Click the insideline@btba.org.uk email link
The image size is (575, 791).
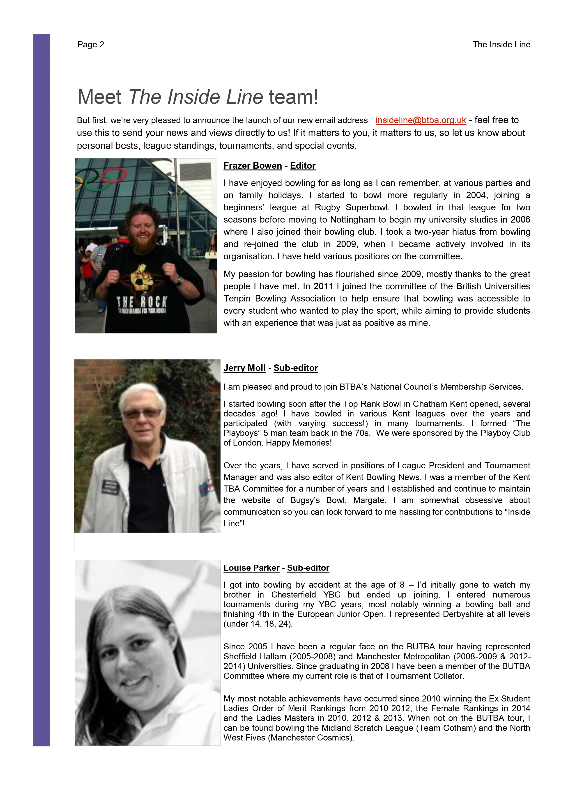[x=421, y=120]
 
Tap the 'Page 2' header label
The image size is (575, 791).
[x=91, y=45]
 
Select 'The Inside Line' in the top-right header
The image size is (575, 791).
[x=501, y=45]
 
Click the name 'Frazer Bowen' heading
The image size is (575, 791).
[x=253, y=166]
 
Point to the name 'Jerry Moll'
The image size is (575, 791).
[x=244, y=368]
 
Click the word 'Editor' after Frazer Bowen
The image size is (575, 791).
[x=302, y=166]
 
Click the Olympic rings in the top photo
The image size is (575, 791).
[x=105, y=178]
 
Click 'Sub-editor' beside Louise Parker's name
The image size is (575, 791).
[x=308, y=568]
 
